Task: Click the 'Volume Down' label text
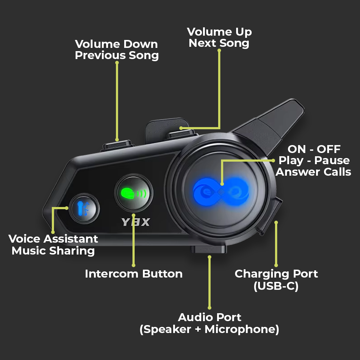point(116,44)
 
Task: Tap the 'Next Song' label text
point(219,43)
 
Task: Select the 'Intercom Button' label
point(134,274)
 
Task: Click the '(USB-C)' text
point(276,286)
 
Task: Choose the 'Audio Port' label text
point(210,317)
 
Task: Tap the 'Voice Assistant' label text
point(53,239)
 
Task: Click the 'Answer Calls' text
point(314,172)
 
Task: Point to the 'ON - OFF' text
point(314,149)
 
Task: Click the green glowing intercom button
point(134,193)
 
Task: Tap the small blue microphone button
point(84,209)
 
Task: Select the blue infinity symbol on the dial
point(221,192)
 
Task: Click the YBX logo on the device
point(135,222)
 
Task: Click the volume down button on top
point(117,145)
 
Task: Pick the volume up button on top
point(181,134)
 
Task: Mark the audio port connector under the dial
point(208,249)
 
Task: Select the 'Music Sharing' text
point(53,251)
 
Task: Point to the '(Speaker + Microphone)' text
point(210,329)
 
